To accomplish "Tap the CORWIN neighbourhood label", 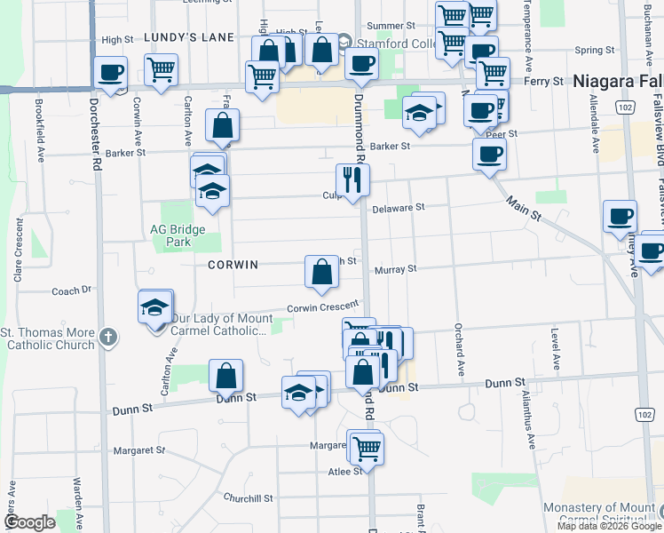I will pos(233,265).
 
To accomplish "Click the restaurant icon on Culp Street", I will pos(352,180).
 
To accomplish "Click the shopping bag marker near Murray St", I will pos(320,273).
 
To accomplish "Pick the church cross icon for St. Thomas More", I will pos(107,337).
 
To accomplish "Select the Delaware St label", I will pos(399,206).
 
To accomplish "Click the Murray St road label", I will pos(395,268).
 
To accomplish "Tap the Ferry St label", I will pos(545,81).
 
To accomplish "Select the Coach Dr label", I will pos(72,290).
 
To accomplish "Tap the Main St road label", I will pos(526,212).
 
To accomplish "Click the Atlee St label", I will pos(344,471).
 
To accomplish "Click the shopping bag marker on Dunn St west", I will pos(226,376).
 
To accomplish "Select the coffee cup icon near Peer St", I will pos(488,155).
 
